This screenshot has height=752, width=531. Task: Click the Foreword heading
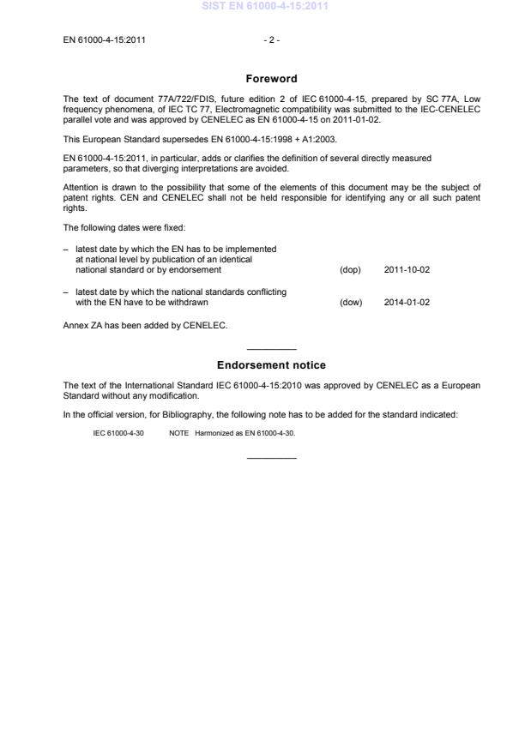tap(271, 79)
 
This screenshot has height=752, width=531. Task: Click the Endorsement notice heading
tap(271, 365)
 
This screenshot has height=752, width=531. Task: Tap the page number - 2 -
tap(271, 40)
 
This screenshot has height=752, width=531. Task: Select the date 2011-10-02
tap(407, 269)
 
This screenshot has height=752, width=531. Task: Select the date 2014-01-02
tap(407, 302)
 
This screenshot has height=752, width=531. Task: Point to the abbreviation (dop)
tap(350, 269)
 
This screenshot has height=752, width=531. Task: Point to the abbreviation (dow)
tap(351, 302)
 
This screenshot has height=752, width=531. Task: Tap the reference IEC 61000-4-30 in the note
tap(118, 434)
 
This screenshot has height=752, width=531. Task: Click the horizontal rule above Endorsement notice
tap(271, 349)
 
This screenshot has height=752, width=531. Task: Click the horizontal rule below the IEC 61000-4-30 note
tap(271, 458)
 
